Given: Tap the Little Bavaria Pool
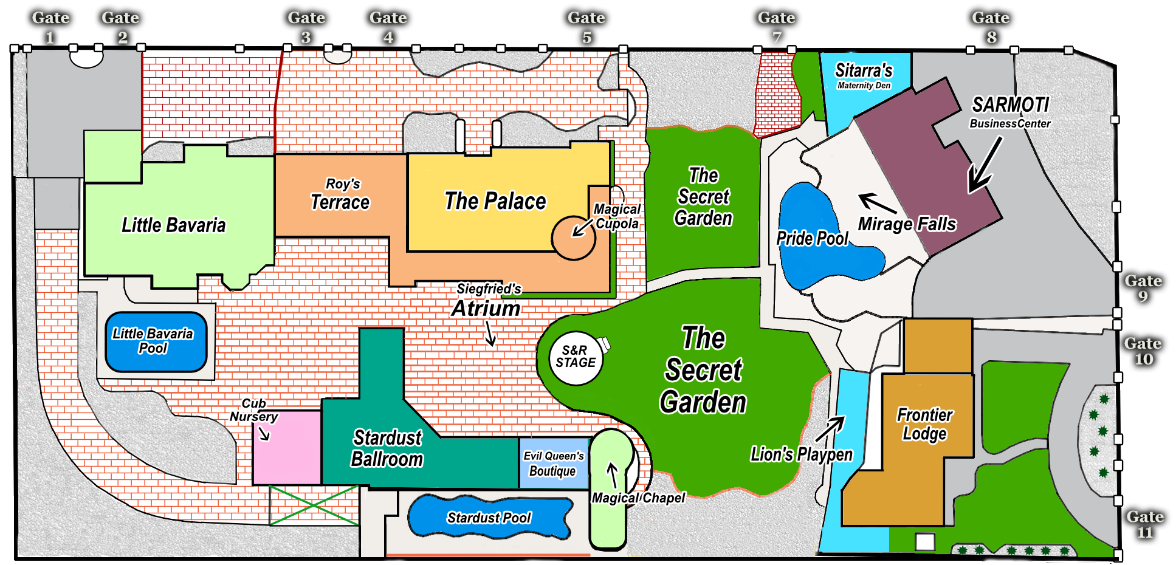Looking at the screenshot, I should point(156,341).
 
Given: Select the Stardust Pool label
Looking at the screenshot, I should point(489,518).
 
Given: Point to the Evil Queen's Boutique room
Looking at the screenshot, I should point(554,464).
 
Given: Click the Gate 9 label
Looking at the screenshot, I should point(1143,289).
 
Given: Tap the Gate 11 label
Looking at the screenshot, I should point(1145,524).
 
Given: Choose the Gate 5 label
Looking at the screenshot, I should point(586,27).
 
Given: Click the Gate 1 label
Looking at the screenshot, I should point(50,27).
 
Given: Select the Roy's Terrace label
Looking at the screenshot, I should point(340,194).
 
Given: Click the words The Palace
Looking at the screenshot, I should point(495,201).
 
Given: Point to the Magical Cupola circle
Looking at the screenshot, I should point(573,238).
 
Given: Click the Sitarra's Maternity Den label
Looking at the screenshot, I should point(864,76).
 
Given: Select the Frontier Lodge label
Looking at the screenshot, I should point(924,424).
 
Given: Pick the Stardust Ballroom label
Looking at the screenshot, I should point(387,448).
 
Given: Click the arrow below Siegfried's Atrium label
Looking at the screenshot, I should point(490,334).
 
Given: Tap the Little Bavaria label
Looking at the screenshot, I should point(173,225).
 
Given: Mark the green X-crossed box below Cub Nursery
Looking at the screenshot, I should point(314,505).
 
